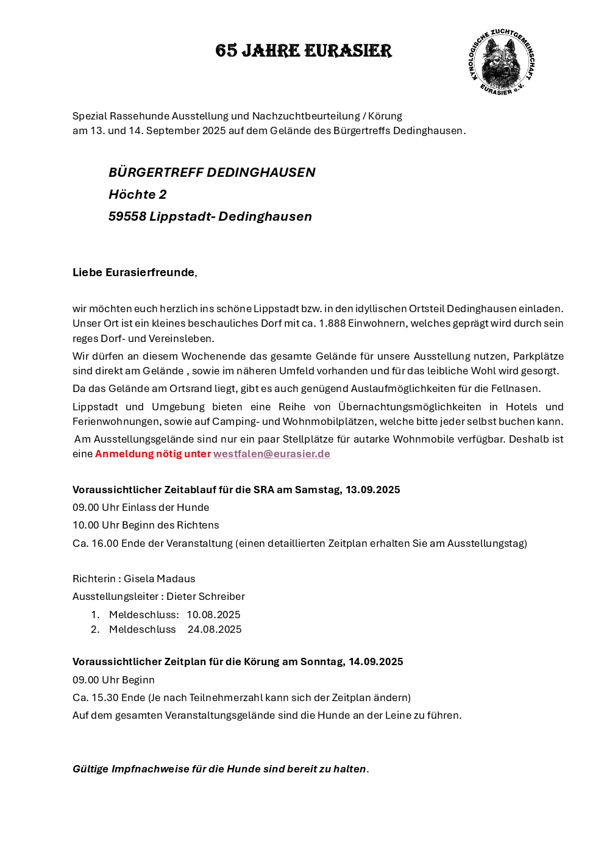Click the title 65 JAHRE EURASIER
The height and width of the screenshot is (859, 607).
click(303, 51)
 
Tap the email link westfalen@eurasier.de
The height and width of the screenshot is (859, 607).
click(272, 454)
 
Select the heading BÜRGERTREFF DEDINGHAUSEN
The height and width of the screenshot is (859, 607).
click(211, 173)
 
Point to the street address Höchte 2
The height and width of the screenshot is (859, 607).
click(137, 194)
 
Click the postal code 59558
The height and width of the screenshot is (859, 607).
click(127, 216)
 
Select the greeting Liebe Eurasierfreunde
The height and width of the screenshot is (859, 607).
click(133, 273)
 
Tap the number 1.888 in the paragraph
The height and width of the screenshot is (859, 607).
click(332, 324)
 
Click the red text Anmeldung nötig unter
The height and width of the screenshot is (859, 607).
click(152, 454)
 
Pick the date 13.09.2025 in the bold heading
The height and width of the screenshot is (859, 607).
click(372, 490)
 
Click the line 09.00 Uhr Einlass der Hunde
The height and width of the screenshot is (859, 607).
click(141, 507)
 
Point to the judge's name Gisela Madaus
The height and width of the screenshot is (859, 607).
click(159, 579)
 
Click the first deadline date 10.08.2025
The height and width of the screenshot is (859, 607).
click(213, 615)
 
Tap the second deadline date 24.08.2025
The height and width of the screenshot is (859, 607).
click(215, 629)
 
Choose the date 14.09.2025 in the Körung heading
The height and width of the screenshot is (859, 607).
click(375, 661)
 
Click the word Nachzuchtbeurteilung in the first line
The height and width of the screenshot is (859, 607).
click(306, 116)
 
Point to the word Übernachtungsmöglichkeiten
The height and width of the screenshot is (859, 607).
click(410, 407)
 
